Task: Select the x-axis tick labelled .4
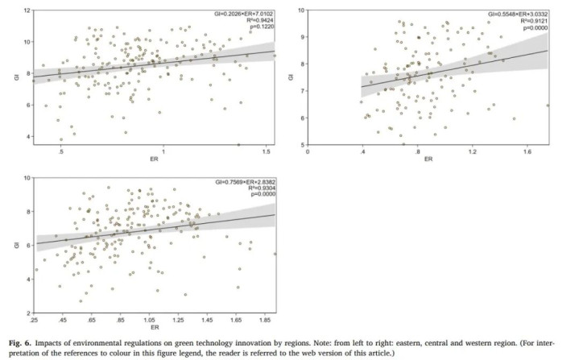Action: point(362,151)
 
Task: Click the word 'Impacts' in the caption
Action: point(61,333)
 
